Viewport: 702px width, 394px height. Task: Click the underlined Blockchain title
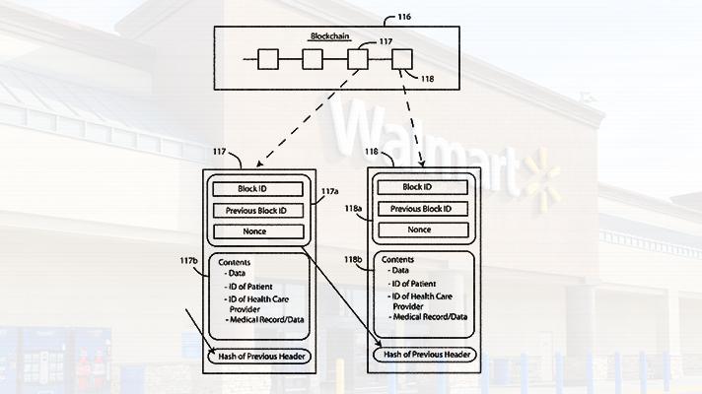click(x=330, y=36)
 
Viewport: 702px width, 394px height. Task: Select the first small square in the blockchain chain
click(x=268, y=59)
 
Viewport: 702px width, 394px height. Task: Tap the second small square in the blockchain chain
click(x=313, y=59)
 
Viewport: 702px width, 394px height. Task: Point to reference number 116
click(x=404, y=17)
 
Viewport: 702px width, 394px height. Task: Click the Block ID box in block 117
click(x=258, y=189)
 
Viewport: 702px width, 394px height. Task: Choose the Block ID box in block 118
click(x=423, y=187)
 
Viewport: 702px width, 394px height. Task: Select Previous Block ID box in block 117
click(x=258, y=210)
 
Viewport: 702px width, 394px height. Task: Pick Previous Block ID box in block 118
click(x=423, y=209)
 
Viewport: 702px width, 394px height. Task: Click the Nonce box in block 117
click(x=258, y=231)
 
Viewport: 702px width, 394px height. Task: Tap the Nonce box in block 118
click(x=424, y=230)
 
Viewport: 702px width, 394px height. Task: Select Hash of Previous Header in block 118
click(x=425, y=355)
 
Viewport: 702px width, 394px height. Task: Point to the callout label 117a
click(x=330, y=191)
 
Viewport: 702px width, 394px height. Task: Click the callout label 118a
click(x=353, y=209)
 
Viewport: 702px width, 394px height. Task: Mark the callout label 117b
click(x=189, y=260)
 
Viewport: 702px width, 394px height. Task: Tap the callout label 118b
click(x=353, y=259)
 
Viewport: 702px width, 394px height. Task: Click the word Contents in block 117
click(x=234, y=262)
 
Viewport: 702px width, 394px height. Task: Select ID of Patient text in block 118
click(x=414, y=284)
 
